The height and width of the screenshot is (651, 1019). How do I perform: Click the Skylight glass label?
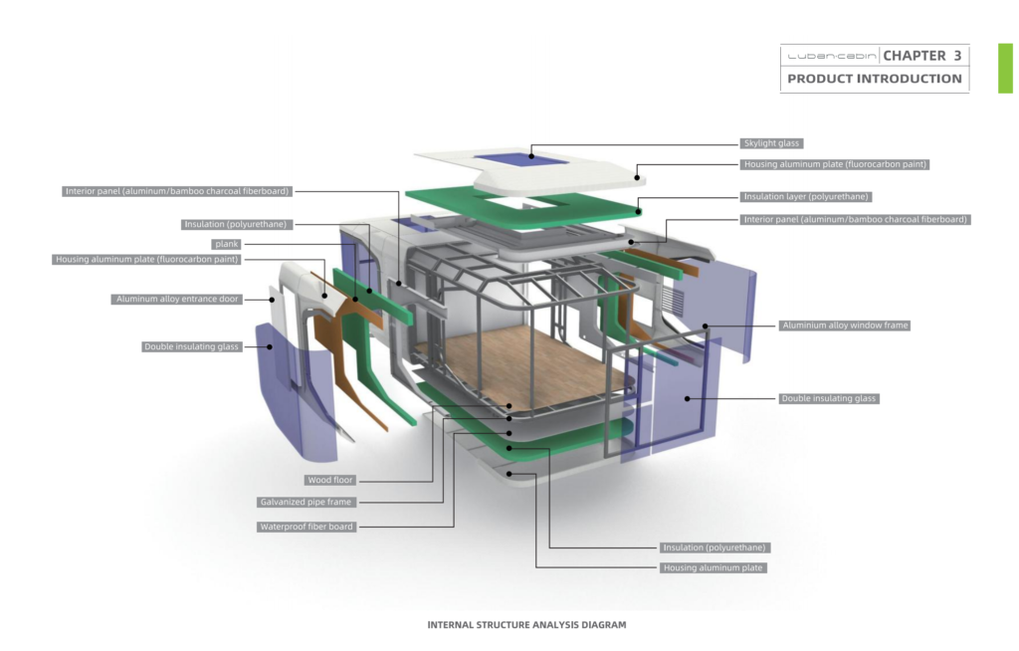(771, 143)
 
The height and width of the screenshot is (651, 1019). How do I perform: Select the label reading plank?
(226, 244)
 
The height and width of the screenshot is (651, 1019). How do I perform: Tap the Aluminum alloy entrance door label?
(177, 300)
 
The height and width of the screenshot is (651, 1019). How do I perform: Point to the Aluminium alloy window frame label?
(844, 325)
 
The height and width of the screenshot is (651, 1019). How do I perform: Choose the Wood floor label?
(330, 480)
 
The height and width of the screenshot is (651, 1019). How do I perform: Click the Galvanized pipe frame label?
(306, 502)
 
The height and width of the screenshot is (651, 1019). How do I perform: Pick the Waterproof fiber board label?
(306, 527)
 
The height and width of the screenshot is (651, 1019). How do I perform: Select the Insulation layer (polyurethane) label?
(806, 196)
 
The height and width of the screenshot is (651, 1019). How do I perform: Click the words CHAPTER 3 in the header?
(921, 56)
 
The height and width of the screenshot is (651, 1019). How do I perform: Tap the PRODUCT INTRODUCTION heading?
(874, 79)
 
